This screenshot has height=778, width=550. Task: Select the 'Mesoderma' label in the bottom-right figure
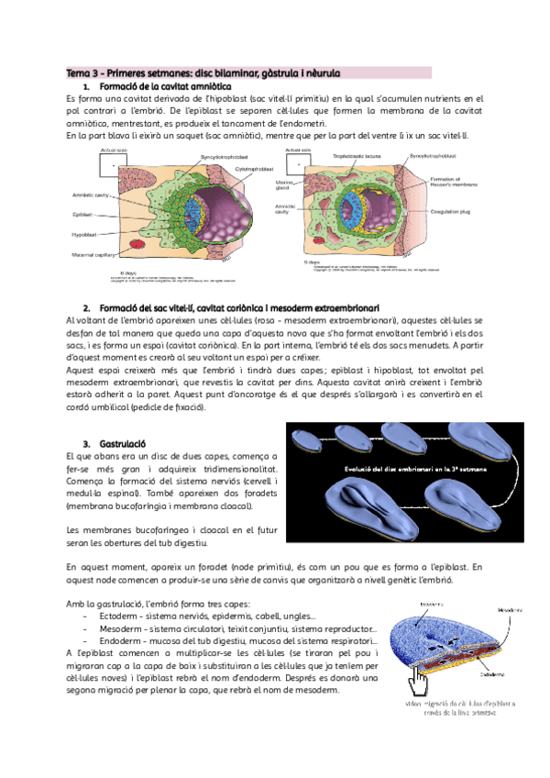511,609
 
